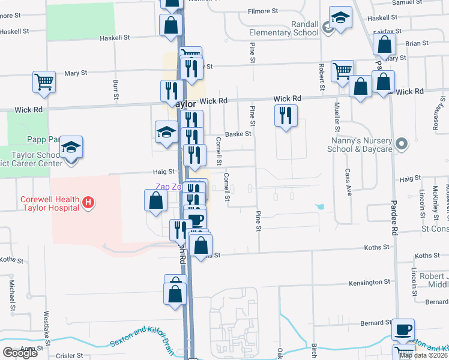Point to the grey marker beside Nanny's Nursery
coord(402,144)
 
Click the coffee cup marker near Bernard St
coord(403,329)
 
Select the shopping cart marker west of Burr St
coord(44,83)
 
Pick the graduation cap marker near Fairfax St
coord(340,18)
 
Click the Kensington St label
coord(370,282)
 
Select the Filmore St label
coord(264,11)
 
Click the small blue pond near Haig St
coord(320,207)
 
